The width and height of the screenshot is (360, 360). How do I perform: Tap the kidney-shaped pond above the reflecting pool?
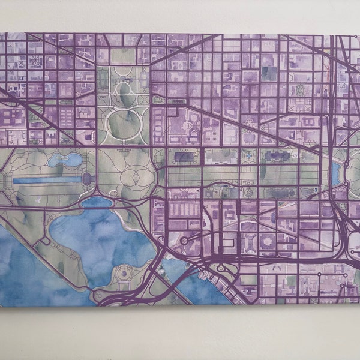pyautogui.click(x=65, y=160)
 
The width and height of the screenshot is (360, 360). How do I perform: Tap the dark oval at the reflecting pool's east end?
pyautogui.click(x=86, y=178)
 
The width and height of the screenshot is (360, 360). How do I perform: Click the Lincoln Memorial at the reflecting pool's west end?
pyautogui.click(x=7, y=179)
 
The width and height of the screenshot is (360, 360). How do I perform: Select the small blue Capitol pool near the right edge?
pyautogui.click(x=335, y=175)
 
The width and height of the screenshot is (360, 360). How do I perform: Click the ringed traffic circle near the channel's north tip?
pyautogui.click(x=184, y=241)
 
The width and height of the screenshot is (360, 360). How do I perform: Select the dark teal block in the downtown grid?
pyautogui.click(x=269, y=73)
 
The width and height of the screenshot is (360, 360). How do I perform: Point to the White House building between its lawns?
pyautogui.click(x=124, y=90)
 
